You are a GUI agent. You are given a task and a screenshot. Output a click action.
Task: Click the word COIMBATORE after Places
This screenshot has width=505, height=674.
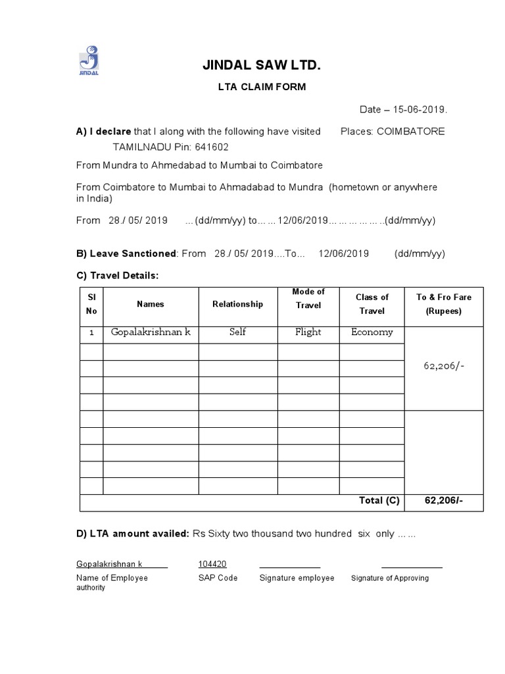(x=410, y=131)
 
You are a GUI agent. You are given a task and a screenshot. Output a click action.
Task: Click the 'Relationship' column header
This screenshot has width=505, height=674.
(x=237, y=304)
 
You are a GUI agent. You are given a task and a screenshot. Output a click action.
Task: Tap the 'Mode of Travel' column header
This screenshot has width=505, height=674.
(x=308, y=298)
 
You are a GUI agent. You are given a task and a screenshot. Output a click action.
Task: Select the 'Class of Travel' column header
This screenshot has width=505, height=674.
(x=372, y=304)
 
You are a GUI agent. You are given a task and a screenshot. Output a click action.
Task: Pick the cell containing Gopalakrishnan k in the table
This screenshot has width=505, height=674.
(x=151, y=332)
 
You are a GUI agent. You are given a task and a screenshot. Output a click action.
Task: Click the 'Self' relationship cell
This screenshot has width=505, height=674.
(x=237, y=332)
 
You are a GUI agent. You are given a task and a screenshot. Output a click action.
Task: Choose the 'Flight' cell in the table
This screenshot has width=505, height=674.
(x=308, y=332)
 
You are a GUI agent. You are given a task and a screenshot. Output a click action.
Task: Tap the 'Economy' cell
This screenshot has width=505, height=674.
(x=372, y=332)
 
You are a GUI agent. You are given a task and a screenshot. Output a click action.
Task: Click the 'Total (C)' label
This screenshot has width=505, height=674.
(x=379, y=501)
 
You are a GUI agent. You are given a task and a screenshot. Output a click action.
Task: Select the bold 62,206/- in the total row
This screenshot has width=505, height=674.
(x=444, y=501)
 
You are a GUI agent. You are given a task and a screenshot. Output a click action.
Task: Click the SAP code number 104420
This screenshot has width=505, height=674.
(x=212, y=564)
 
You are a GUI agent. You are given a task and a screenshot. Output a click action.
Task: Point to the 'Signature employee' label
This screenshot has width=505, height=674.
(x=297, y=578)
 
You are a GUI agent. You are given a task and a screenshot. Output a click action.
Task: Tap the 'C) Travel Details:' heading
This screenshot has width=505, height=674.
(x=118, y=274)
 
